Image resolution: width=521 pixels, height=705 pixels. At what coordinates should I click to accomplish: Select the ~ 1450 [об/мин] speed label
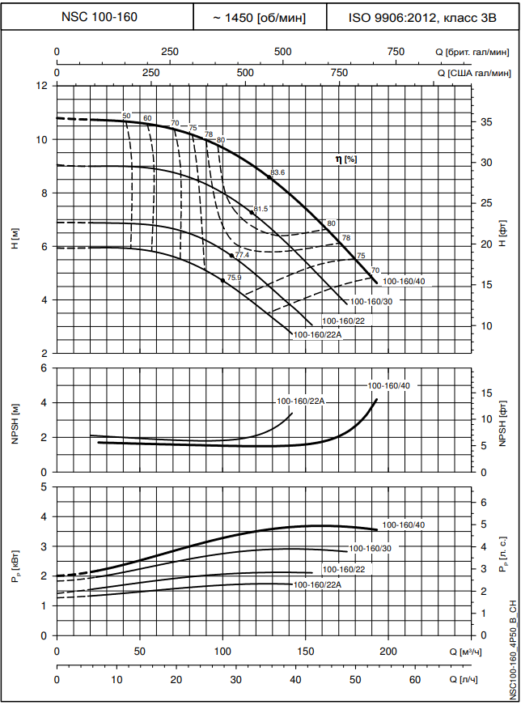259,16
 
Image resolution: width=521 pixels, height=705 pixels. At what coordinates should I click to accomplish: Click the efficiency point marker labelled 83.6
270,176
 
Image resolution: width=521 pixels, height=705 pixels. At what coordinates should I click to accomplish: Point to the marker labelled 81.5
252,212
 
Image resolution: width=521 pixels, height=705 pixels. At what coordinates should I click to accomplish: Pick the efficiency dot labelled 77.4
231,256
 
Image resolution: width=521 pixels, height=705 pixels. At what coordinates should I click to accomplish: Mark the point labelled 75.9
222,280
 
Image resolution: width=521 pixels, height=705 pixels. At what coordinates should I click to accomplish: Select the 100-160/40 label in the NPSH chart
389,386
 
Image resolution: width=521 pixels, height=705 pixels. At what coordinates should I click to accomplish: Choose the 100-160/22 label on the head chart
343,321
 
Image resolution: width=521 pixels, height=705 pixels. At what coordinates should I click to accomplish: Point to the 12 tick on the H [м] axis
42,86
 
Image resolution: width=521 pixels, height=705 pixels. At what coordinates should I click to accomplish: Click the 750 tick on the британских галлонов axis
396,52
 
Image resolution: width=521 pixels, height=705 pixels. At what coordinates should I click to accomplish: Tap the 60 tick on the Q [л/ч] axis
414,680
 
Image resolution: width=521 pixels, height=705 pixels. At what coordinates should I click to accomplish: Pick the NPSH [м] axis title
15,420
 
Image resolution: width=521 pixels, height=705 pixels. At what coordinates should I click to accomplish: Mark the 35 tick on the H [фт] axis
485,122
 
